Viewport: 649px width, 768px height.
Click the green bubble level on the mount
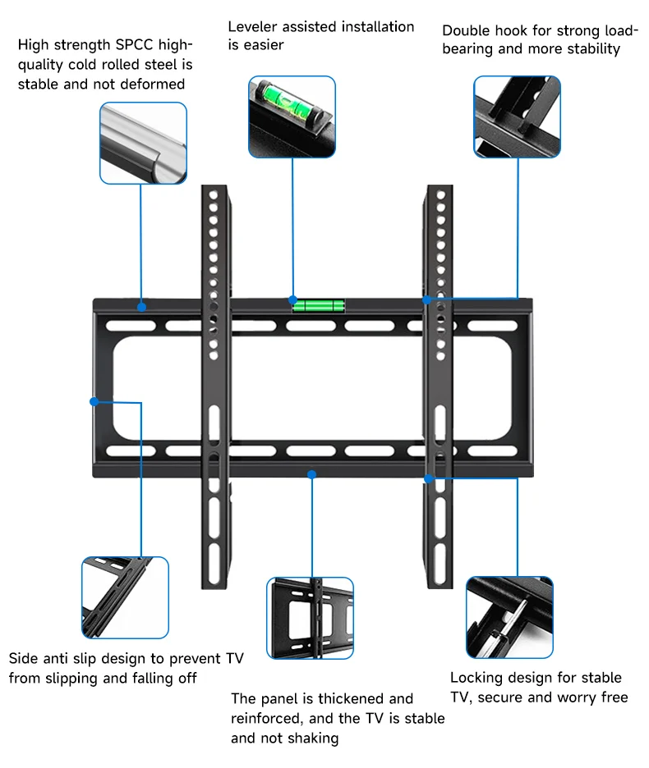point(319,306)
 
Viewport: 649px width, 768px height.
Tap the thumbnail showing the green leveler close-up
point(292,117)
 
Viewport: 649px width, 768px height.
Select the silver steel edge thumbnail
point(143,143)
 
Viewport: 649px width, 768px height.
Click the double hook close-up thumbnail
point(517,117)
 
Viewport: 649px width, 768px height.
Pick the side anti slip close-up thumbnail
point(125,597)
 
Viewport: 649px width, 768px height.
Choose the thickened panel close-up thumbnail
point(310,618)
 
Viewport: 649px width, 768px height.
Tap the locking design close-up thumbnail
point(509,617)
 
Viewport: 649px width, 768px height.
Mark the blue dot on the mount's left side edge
point(94,401)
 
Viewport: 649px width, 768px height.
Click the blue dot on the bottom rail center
point(311,473)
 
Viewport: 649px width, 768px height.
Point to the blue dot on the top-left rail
point(142,308)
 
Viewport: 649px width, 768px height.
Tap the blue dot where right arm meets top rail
point(427,299)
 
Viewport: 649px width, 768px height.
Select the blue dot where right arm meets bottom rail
point(428,478)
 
